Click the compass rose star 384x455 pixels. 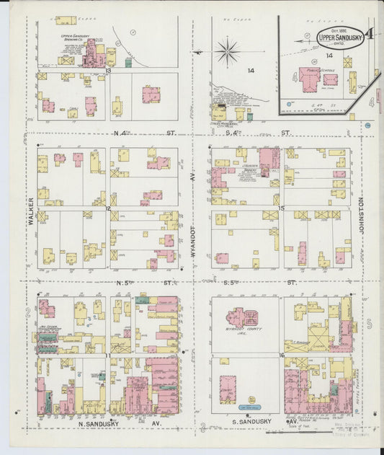point(227,51)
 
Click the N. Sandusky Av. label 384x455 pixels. point(119,425)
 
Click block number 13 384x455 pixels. point(107,71)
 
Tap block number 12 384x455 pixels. point(108,208)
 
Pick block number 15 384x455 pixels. point(282,208)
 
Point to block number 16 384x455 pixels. point(282,355)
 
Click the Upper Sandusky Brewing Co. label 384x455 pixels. point(75,35)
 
